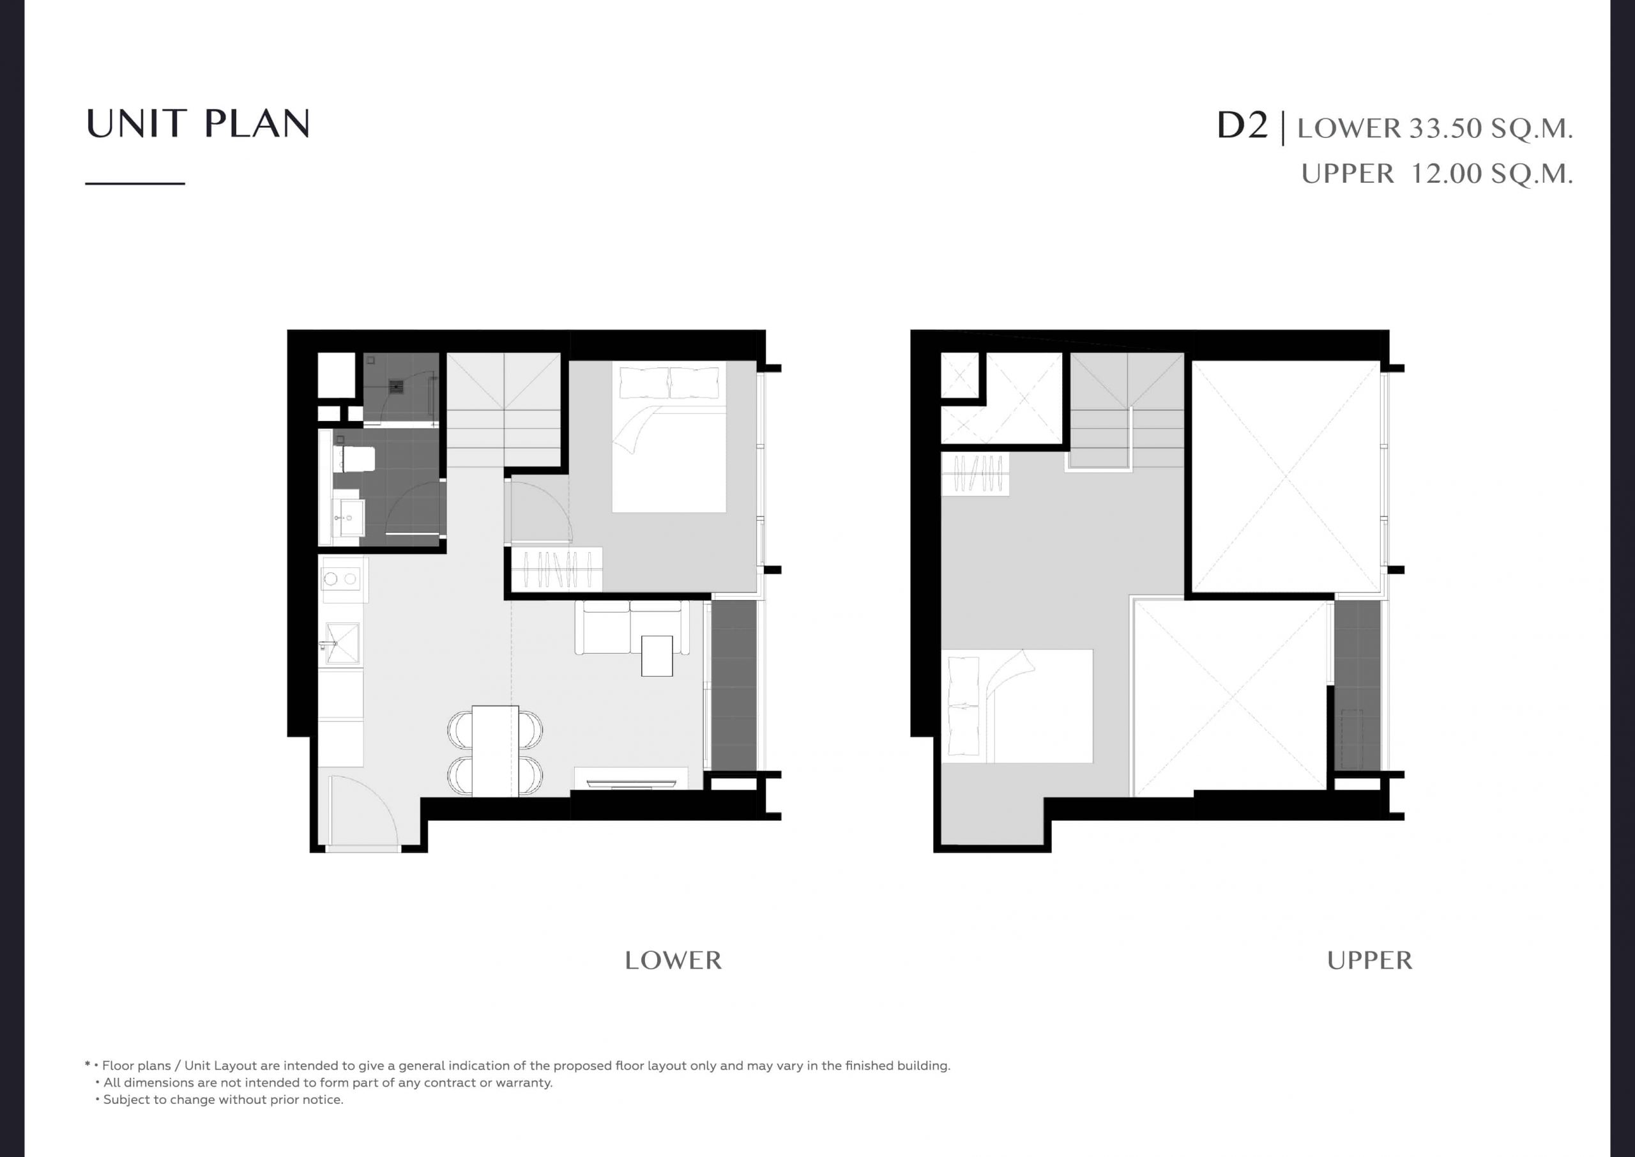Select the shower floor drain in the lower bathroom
pyautogui.click(x=397, y=388)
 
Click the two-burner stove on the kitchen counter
pyautogui.click(x=340, y=579)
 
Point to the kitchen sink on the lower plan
pyautogui.click(x=342, y=643)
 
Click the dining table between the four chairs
pyautogui.click(x=496, y=751)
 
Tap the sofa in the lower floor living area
pyautogui.click(x=632, y=627)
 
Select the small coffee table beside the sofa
pyautogui.click(x=657, y=656)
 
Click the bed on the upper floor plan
pyautogui.click(x=1017, y=706)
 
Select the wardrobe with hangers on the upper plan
pyautogui.click(x=976, y=474)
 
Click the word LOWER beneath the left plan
pyautogui.click(x=673, y=960)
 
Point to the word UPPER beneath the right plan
pyautogui.click(x=1369, y=960)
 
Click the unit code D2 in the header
pyautogui.click(x=1242, y=125)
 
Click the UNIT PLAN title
pyautogui.click(x=198, y=123)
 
